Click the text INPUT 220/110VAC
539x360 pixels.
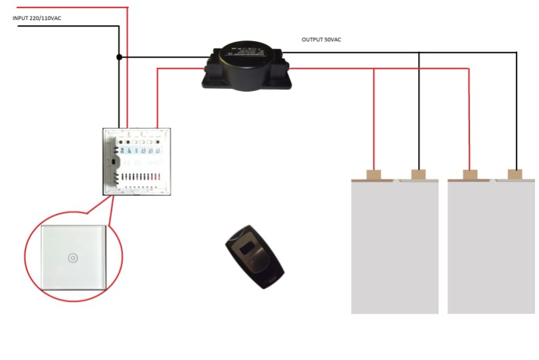pos(37,19)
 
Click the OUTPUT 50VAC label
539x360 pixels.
pos(322,40)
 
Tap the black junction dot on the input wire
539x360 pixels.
pos(119,57)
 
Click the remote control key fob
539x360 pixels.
pos(253,256)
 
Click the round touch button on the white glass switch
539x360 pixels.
pos(71,257)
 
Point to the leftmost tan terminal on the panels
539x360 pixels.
pos(374,175)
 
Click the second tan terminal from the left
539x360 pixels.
pos(418,175)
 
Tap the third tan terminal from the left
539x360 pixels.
pos(470,175)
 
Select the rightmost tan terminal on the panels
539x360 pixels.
pos(514,175)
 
